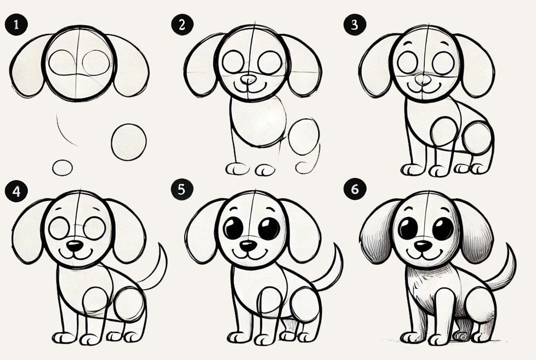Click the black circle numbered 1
pyautogui.click(x=16, y=25)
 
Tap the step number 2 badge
pyautogui.click(x=182, y=25)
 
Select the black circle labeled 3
pyautogui.click(x=355, y=25)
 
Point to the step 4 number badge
pyautogui.click(x=16, y=191)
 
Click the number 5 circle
pyautogui.click(x=182, y=189)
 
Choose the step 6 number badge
pyautogui.click(x=355, y=189)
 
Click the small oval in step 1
pyautogui.click(x=62, y=168)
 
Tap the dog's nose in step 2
pyautogui.click(x=248, y=79)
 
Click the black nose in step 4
pyautogui.click(x=75, y=245)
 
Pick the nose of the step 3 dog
pyautogui.click(x=423, y=79)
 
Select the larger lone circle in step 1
pyautogui.click(x=129, y=142)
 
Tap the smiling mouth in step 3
pyautogui.click(x=423, y=88)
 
